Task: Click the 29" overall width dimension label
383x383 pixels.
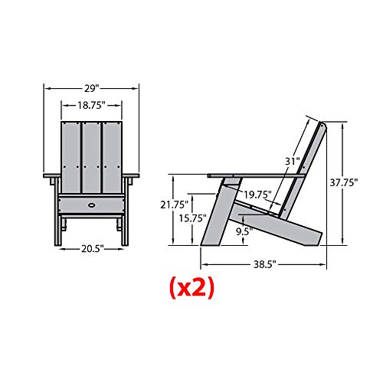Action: pyautogui.click(x=91, y=89)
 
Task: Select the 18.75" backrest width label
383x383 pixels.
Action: pyautogui.click(x=91, y=105)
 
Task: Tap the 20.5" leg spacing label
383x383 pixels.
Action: pyautogui.click(x=93, y=248)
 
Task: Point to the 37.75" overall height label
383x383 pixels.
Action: pyautogui.click(x=344, y=183)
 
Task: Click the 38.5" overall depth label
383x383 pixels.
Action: pyautogui.click(x=265, y=264)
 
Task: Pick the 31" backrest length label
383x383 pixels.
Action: pyautogui.click(x=293, y=162)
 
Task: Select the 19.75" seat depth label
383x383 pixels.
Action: pyautogui.click(x=257, y=195)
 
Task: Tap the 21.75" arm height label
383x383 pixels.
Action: pyautogui.click(x=174, y=205)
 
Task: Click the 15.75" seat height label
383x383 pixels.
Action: pyautogui.click(x=192, y=218)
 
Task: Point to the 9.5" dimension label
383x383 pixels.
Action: pyautogui.click(x=244, y=231)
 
